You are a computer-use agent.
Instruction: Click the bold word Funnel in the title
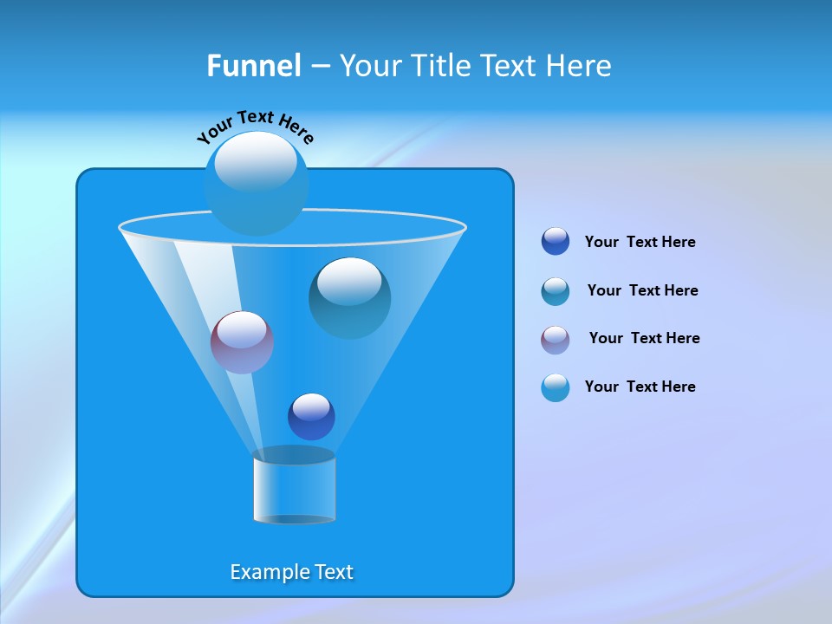(253, 66)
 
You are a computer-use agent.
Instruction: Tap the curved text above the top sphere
(255, 126)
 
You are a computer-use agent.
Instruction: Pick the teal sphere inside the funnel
(350, 298)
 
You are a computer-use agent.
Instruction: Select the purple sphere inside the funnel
(242, 342)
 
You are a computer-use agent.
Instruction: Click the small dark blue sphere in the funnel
(311, 417)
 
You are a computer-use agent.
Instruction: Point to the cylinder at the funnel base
(294, 487)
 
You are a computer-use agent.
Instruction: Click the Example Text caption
(292, 572)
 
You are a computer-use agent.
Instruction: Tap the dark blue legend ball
(556, 242)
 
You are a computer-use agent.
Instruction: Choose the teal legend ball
(556, 291)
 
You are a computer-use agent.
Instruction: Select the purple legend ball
(556, 340)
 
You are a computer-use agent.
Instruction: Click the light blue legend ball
(556, 387)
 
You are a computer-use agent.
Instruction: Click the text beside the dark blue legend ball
(640, 242)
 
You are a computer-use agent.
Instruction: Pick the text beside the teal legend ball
(642, 290)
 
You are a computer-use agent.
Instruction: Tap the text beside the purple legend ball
(644, 338)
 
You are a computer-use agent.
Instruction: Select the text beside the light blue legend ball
(640, 387)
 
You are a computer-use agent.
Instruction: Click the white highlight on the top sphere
(256, 160)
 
